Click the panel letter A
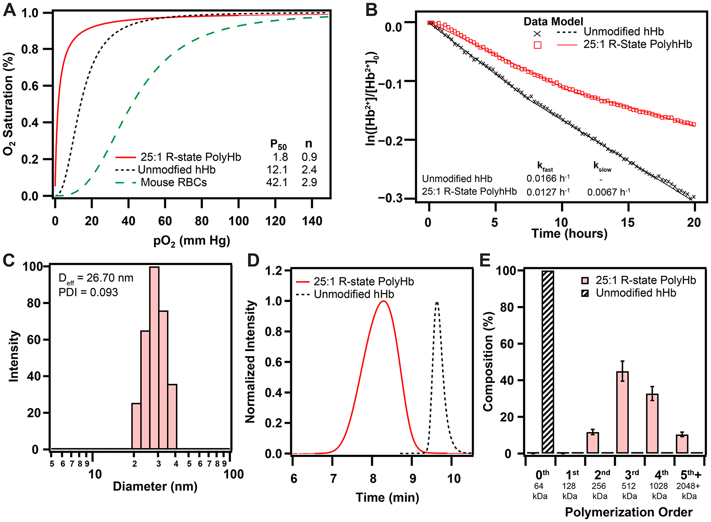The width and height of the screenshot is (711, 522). tap(10, 10)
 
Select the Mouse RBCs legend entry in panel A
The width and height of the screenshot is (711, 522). tap(173, 183)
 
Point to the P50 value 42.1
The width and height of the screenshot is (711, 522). tap(277, 183)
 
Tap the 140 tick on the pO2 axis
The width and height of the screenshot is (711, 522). tap(312, 221)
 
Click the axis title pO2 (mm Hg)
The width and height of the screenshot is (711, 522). tap(192, 241)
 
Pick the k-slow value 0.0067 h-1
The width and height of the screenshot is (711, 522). tap(608, 192)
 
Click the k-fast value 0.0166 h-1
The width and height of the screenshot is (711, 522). tap(548, 179)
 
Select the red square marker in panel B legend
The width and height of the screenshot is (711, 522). tap(537, 45)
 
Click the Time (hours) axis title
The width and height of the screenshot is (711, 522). tap(569, 234)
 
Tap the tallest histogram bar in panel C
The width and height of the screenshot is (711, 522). tap(154, 358)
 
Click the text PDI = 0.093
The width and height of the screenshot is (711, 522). tap(88, 292)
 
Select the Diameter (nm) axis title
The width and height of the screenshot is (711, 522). tap(155, 486)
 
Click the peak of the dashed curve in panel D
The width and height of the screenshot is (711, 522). tap(437, 302)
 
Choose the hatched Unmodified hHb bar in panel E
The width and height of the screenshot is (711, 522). tap(547, 362)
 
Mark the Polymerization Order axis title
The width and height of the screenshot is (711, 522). tap(629, 512)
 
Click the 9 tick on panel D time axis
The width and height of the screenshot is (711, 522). tap(412, 479)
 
